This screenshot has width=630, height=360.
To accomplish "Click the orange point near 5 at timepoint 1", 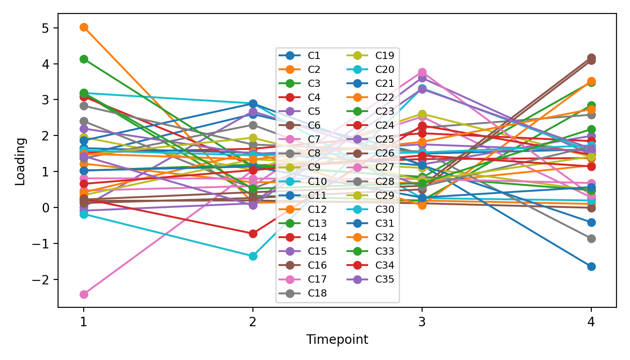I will pyautogui.click(x=84, y=27).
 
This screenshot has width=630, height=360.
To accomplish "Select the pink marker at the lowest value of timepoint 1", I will pyautogui.click(x=84, y=294).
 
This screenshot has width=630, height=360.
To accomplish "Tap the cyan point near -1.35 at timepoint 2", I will pyautogui.click(x=253, y=256).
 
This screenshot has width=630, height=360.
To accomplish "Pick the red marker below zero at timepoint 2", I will pyautogui.click(x=253, y=234).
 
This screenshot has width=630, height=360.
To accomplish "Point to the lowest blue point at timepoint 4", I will pyautogui.click(x=591, y=266).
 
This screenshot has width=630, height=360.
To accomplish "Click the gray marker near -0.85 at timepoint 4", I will pyautogui.click(x=591, y=238).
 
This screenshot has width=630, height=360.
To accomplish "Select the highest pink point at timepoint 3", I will pyautogui.click(x=422, y=72).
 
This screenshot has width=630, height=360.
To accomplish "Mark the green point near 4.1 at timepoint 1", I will pyautogui.click(x=84, y=59).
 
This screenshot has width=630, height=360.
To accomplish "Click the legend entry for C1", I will pyautogui.click(x=314, y=56).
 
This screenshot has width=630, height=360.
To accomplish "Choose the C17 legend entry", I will pyautogui.click(x=317, y=279).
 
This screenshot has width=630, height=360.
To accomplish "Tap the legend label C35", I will pyautogui.click(x=385, y=279).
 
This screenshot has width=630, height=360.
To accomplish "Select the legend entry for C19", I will pyautogui.click(x=385, y=56).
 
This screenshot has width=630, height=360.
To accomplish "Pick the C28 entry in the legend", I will pyautogui.click(x=385, y=181).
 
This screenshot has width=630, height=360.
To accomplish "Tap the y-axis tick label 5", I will pyautogui.click(x=45, y=28).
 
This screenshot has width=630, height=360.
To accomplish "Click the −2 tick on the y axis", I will pyautogui.click(x=41, y=279).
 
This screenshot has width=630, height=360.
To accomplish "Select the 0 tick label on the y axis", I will pyautogui.click(x=45, y=207).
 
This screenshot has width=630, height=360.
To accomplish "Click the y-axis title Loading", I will pyautogui.click(x=20, y=161).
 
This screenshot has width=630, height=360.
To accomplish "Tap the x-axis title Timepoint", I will pyautogui.click(x=337, y=340).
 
